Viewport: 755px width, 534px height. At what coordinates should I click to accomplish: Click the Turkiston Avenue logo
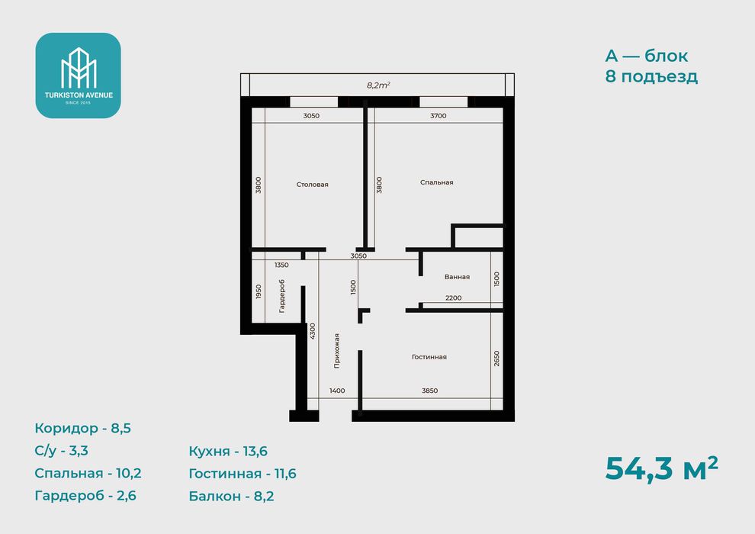[x=78, y=76]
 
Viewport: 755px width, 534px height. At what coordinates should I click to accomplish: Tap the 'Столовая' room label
[x=312, y=185]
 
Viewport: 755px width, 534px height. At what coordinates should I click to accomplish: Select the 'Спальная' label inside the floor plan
[x=437, y=182]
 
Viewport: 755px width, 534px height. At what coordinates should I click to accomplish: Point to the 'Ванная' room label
[x=457, y=277]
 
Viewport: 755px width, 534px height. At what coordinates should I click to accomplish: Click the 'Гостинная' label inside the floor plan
[x=429, y=357]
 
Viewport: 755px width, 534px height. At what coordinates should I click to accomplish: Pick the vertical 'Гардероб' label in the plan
[x=281, y=296]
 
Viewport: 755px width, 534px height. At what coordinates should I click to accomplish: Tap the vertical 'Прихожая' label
[x=336, y=351]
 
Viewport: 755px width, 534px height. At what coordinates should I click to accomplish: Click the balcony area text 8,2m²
[x=378, y=85]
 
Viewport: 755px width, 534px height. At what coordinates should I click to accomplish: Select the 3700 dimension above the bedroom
[x=439, y=115]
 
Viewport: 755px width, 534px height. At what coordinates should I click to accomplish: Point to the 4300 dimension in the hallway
[x=312, y=331]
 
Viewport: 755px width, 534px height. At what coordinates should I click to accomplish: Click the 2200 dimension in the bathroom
[x=453, y=298]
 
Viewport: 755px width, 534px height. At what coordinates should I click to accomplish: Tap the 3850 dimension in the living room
[x=429, y=391]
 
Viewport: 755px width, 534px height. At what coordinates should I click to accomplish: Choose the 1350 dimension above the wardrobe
[x=281, y=265]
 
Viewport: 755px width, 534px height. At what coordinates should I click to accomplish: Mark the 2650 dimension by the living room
[x=496, y=359]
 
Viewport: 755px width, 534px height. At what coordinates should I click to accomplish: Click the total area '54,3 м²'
[x=662, y=468]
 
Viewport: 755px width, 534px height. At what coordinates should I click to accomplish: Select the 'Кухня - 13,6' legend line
[x=228, y=451]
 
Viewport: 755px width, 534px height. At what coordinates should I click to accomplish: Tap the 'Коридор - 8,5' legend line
[x=83, y=429]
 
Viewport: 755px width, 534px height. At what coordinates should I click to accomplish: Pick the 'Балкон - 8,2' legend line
[x=231, y=496]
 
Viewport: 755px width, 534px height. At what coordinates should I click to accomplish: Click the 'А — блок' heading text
[x=646, y=56]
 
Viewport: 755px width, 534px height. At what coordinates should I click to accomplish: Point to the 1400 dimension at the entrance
[x=337, y=391]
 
